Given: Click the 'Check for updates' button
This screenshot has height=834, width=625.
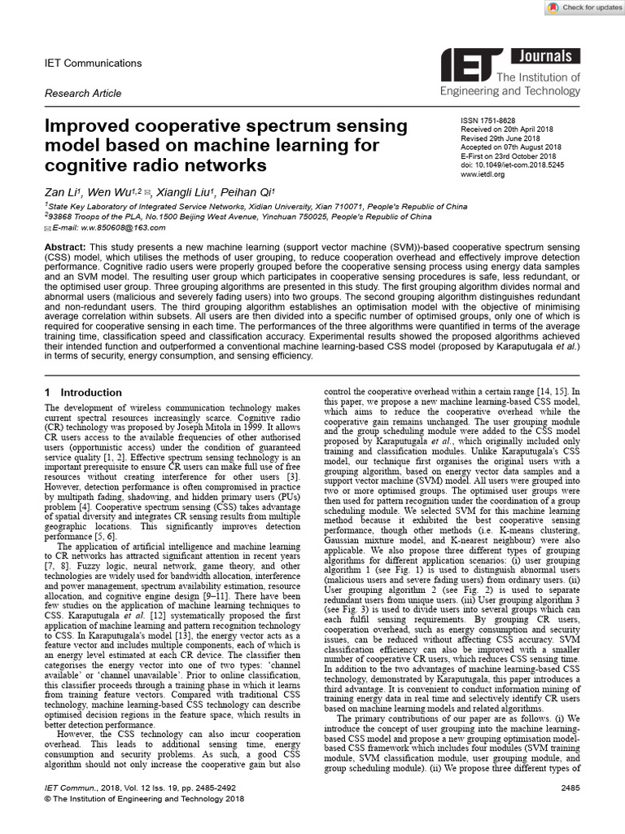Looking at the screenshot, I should point(581,7).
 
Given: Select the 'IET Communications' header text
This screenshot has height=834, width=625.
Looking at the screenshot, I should point(93,64).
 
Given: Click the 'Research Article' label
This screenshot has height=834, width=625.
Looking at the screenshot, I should point(83,94).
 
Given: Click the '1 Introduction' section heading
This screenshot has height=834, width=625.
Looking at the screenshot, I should point(83,393).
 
